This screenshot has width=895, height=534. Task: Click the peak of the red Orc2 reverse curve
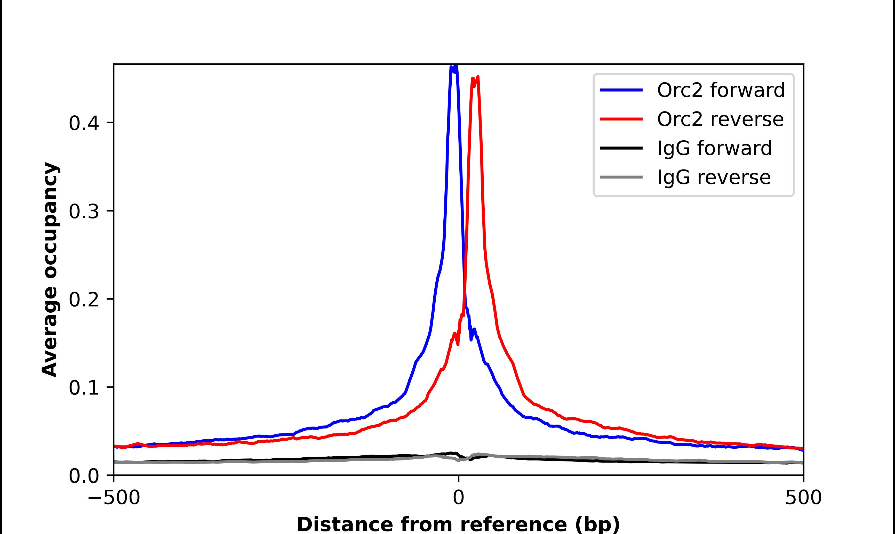[477, 77]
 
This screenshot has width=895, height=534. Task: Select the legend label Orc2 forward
[721, 90]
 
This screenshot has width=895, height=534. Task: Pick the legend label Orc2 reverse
[720, 119]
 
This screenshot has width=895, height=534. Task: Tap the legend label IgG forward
[714, 148]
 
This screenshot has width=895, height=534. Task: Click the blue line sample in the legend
[621, 90]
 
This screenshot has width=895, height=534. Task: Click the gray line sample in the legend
[621, 177]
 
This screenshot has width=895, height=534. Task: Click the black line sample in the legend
[621, 148]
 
